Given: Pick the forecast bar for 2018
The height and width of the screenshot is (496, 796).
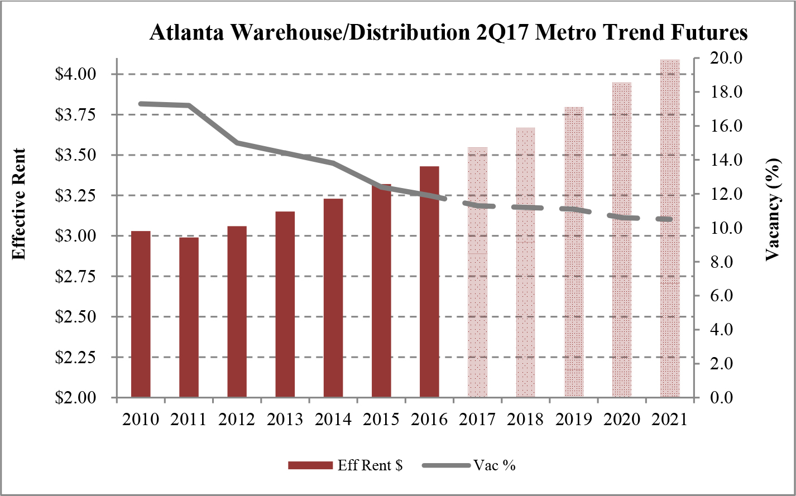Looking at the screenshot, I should coord(525,262).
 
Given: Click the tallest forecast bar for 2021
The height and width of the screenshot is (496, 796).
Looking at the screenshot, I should coord(670,229).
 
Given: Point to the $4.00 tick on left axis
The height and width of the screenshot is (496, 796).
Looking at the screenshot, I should coord(74,74).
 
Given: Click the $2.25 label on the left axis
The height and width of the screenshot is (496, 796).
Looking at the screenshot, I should coord(74,357).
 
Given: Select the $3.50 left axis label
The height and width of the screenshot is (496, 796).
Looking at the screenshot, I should coord(74,155).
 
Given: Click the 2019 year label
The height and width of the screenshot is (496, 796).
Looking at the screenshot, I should coord(574,420).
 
